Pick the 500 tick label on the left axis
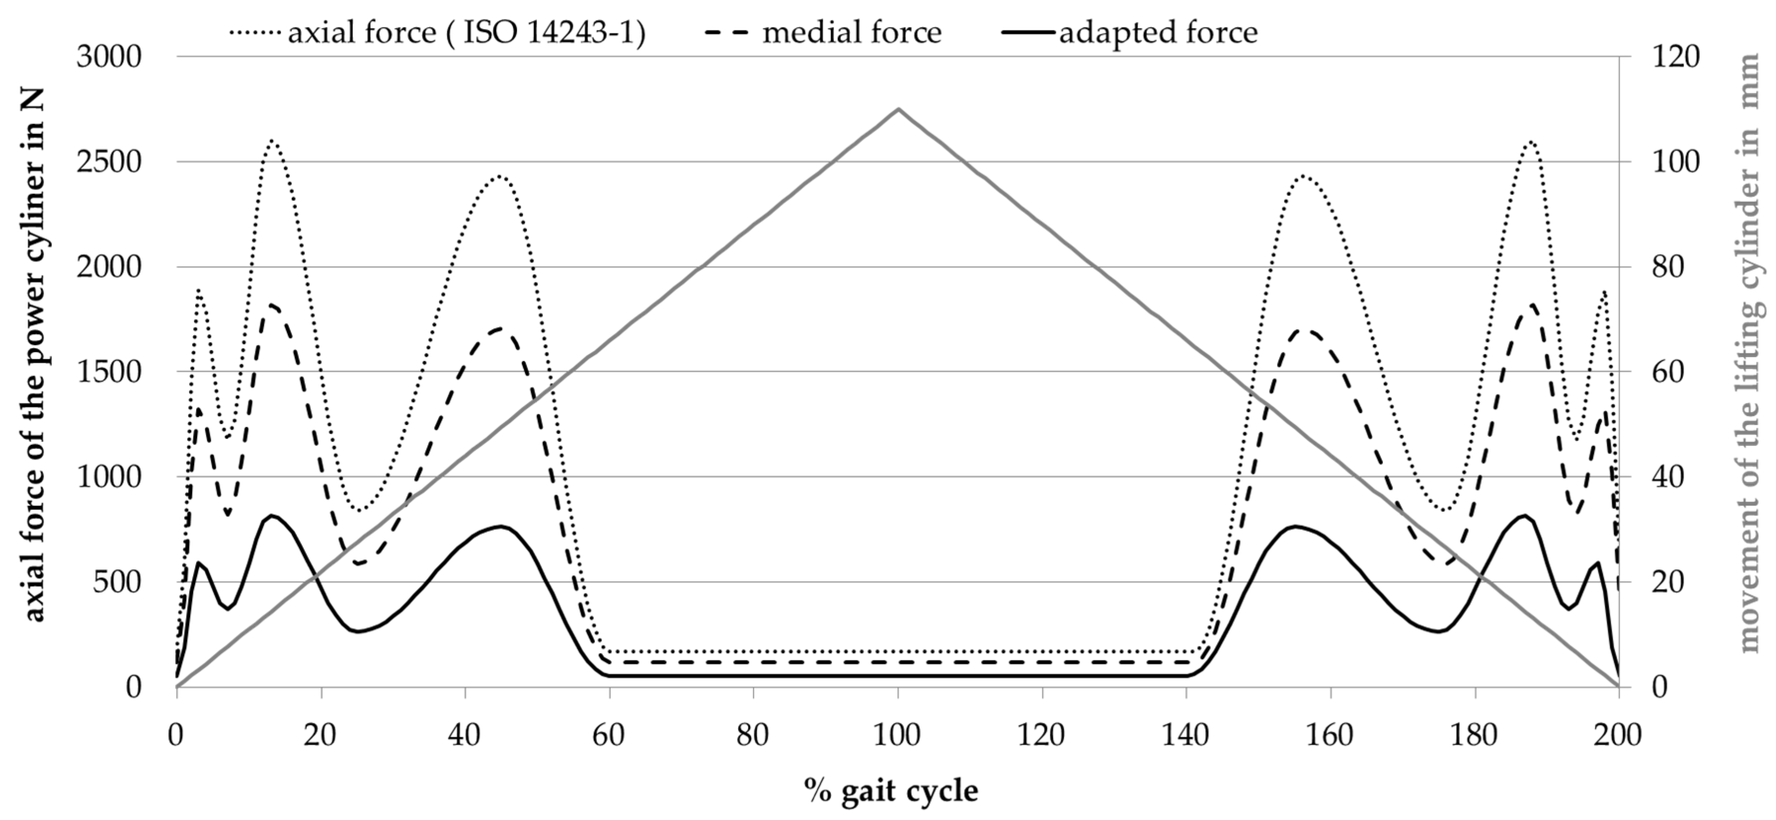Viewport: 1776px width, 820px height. (117, 582)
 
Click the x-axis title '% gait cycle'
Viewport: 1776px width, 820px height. (891, 790)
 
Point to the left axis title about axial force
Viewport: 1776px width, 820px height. (34, 355)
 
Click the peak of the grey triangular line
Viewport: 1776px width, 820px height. (897, 109)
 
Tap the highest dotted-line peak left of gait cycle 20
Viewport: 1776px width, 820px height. (271, 140)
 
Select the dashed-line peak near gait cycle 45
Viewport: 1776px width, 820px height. (500, 328)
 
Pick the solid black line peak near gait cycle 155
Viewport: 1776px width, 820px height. (1295, 526)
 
